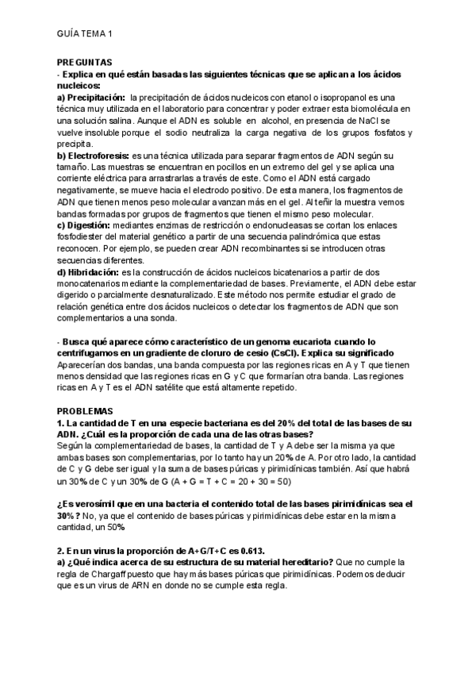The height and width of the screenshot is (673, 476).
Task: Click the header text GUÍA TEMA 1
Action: [86, 33]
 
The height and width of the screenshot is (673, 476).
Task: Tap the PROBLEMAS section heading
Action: [85, 411]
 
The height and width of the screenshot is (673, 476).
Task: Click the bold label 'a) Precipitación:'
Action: [91, 97]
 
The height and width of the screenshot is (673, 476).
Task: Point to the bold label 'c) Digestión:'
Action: [83, 225]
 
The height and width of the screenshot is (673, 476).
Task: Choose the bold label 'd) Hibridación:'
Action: [88, 272]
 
